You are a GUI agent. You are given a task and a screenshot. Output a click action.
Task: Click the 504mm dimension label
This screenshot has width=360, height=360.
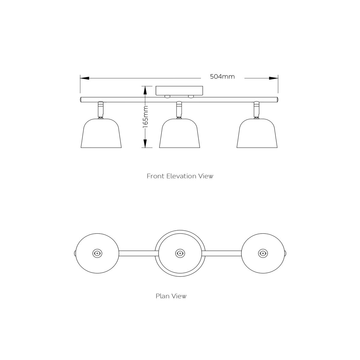222,76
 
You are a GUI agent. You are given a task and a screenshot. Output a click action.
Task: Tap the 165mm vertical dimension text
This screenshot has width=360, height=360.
145,117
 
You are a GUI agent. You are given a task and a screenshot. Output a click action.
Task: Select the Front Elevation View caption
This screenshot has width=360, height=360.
180,176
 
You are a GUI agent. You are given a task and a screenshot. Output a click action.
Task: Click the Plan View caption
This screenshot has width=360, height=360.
171,296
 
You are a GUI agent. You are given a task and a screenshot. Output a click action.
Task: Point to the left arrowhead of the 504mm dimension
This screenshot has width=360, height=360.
84,78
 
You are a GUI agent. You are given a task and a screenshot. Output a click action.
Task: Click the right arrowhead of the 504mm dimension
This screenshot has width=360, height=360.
274,78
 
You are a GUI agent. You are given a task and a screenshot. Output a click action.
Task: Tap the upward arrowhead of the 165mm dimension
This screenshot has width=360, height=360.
145,90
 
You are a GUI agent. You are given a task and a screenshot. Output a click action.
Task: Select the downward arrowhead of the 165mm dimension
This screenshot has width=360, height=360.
145,143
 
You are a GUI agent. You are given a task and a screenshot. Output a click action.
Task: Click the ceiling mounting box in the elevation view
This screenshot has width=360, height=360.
179,91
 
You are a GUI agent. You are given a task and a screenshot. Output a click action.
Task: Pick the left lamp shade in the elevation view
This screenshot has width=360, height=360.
101,133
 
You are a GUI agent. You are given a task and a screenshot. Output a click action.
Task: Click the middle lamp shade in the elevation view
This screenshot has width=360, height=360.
179,133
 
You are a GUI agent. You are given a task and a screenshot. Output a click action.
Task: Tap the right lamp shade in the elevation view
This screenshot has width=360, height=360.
257,133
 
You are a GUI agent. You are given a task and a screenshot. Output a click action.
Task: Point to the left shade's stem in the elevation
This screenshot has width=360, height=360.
101,110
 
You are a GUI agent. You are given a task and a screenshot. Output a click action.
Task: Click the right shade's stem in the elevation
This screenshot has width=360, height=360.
256,110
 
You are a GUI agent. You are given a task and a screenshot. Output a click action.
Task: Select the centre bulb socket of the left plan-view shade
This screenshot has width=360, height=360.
97,253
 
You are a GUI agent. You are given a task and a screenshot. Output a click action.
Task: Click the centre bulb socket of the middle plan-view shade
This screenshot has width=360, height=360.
180,253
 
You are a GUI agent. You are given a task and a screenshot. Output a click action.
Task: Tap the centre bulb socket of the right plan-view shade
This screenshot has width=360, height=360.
263,253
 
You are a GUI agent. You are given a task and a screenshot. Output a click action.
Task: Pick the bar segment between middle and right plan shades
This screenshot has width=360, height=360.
222,253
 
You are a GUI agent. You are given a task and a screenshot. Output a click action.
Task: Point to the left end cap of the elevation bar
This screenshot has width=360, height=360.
81,100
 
